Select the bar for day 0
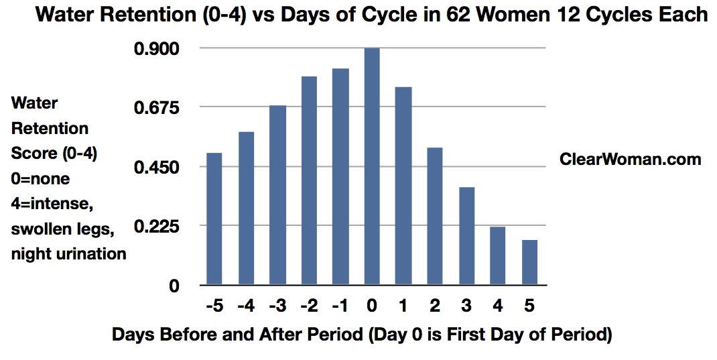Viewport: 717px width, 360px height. point(372,166)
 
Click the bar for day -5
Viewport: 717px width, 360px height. point(214,219)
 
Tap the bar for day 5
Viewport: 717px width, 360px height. point(529,263)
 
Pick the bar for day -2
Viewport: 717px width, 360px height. point(309,181)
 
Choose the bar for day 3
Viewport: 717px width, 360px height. point(466,236)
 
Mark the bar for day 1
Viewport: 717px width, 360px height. point(404,186)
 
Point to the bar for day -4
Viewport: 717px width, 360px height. point(246,208)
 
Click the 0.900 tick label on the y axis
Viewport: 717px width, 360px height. point(156,48)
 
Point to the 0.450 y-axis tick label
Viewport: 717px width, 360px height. point(156,168)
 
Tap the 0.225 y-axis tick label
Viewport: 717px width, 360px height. point(156,227)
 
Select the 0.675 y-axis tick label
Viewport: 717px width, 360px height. point(156,108)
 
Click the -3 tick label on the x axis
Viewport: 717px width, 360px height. point(277,305)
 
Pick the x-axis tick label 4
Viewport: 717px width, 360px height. point(497,305)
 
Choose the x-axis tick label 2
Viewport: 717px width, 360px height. point(435,305)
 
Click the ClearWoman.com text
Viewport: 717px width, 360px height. point(630,159)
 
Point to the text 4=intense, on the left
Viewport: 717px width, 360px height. point(52,204)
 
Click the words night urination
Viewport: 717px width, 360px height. point(68,253)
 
